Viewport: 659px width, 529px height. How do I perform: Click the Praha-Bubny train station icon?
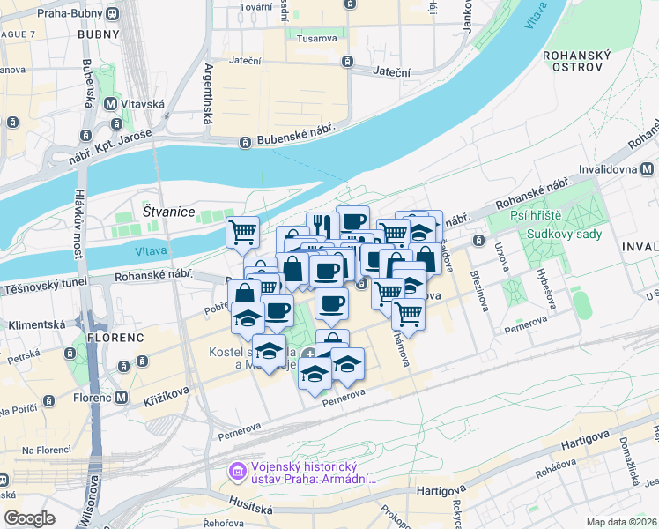pos(113,14)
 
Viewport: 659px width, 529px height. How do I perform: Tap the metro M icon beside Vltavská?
pos(111,104)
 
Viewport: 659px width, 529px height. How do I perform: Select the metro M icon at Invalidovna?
pos(648,168)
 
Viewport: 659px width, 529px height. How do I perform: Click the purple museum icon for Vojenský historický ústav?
pos(236,473)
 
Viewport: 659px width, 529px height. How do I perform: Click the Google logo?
pos(29,518)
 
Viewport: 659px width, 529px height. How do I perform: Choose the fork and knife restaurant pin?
pos(322,225)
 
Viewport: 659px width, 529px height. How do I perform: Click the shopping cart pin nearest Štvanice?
pos(242,232)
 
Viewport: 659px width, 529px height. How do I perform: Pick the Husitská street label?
pos(248,509)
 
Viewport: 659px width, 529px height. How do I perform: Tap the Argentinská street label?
pos(210,92)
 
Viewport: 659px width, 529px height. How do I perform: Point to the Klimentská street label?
pos(36,324)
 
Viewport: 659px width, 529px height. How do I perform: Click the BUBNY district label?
pos(99,34)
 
